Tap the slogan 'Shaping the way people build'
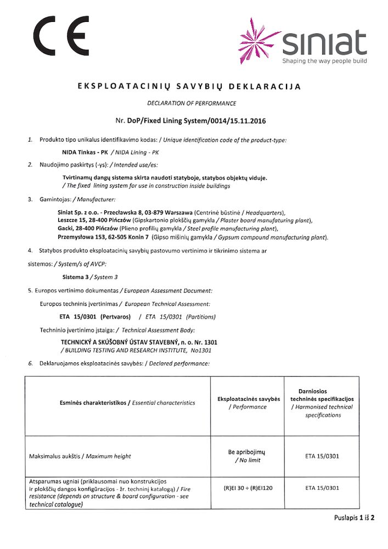tap(324, 61)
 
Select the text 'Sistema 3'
tap(76, 277)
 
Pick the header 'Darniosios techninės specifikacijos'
tap(322, 394)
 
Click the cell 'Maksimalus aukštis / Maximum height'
tap(80, 456)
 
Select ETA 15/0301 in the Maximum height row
tap(322, 456)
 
